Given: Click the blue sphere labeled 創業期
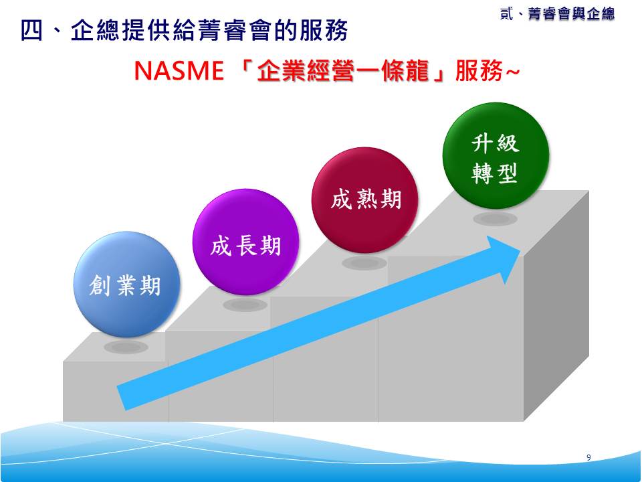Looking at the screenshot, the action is tap(126, 285).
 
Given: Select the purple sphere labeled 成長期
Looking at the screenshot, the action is tap(245, 242).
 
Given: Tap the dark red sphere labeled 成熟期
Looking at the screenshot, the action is tap(365, 200).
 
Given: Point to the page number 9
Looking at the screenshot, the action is tap(588, 457).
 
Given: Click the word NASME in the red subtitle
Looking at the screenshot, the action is tap(179, 71).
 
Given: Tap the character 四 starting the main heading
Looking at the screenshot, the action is tap(31, 30).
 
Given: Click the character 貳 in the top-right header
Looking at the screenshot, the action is tap(506, 13).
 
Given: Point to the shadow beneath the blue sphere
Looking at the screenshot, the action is tap(126, 347).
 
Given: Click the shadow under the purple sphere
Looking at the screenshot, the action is tap(245, 305).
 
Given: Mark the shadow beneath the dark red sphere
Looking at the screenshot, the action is tap(364, 263).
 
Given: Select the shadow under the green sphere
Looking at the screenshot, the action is tap(496, 218).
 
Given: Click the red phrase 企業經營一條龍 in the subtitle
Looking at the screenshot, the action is tap(342, 71).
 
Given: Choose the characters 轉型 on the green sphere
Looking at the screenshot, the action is tap(495, 173).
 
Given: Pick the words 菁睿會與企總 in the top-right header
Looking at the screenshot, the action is tap(571, 13).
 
